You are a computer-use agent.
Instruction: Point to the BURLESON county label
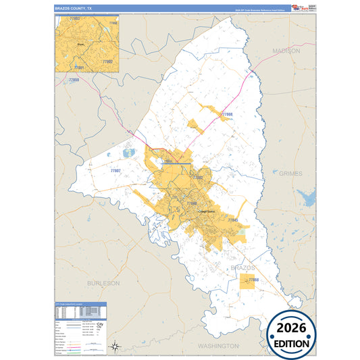(103, 282)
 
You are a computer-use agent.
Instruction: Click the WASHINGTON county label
(218, 345)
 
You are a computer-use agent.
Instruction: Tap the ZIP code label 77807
(115, 171)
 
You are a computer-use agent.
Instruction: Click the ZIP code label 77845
(233, 220)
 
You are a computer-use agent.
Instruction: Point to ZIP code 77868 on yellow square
(253, 279)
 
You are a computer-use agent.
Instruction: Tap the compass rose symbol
(115, 346)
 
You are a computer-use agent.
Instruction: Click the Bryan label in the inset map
(81, 43)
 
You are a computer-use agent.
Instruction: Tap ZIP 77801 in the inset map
(79, 68)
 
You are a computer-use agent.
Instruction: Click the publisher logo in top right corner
(302, 7)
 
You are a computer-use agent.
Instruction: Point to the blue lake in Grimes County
(309, 198)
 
